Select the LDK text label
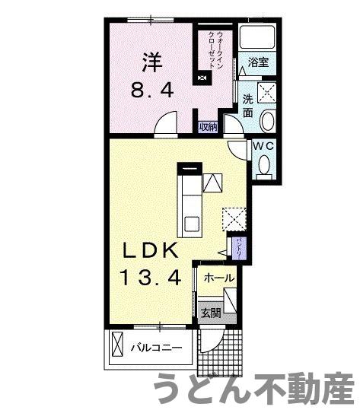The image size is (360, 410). pyautogui.click(x=150, y=251)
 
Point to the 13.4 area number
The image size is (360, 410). pyautogui.click(x=150, y=279)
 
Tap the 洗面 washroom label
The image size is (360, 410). pyautogui.click(x=248, y=106)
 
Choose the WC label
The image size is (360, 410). pyautogui.click(x=263, y=145)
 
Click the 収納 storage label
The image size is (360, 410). pyautogui.click(x=209, y=127)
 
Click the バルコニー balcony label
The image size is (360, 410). pyautogui.click(x=156, y=348)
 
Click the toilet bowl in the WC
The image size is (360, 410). pyautogui.click(x=264, y=164)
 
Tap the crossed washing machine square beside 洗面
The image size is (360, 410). pyautogui.click(x=268, y=93)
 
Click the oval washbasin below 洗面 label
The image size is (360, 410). pyautogui.click(x=269, y=121)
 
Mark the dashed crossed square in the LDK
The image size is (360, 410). pyautogui.click(x=233, y=218)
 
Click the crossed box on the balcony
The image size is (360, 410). pyautogui.click(x=116, y=346)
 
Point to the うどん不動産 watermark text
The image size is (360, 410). pyautogui.click(x=255, y=389)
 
